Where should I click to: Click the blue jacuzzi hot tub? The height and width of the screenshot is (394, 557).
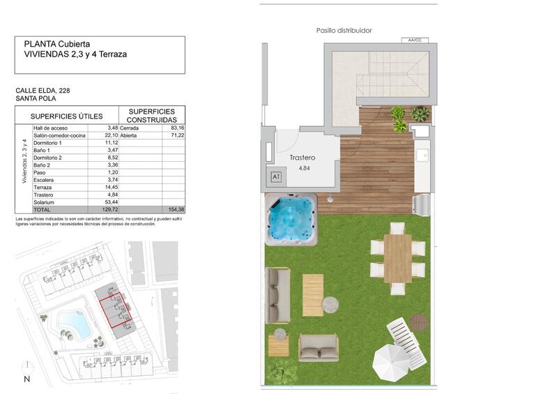tap(291, 219)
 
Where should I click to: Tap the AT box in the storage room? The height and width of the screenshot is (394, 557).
tap(276, 177)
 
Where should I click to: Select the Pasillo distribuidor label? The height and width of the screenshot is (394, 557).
tap(344, 31)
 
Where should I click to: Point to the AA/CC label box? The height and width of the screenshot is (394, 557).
tap(415, 40)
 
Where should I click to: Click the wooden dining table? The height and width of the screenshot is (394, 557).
tap(397, 257)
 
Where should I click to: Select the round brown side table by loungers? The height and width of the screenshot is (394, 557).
tap(418, 322)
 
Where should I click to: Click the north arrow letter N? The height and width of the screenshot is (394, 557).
tap(26, 379)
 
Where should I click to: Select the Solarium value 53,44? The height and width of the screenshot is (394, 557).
tap(109, 202)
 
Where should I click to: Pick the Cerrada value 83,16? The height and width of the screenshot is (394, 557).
tap(176, 128)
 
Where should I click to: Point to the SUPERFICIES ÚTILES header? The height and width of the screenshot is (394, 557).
tap(66, 116)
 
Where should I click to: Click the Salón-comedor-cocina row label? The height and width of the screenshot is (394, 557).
tap(59, 136)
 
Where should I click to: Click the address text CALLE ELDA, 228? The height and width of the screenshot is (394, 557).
tap(43, 91)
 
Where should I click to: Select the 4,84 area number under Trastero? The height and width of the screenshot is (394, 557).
tap(304, 168)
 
